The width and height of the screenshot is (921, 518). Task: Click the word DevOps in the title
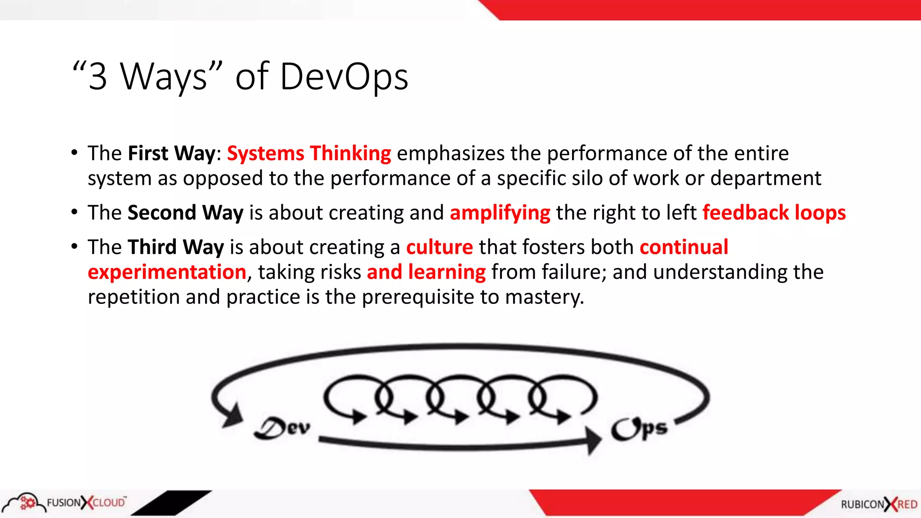pos(344,76)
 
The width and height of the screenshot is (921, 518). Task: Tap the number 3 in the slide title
pos(98,77)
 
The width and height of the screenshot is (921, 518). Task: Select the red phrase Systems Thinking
pos(309,153)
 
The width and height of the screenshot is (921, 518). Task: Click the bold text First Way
pos(172,153)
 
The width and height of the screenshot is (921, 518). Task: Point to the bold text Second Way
pos(185,213)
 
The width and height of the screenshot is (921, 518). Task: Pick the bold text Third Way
pos(176,247)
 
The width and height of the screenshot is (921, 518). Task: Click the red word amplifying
pos(500,213)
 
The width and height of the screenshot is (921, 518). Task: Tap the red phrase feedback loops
pos(774,213)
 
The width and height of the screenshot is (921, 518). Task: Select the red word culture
pos(439,247)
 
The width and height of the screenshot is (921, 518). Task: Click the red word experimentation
pos(167,272)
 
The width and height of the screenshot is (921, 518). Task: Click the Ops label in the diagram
pos(639,429)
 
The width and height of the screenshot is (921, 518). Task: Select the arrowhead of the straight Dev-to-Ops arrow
pos(593,439)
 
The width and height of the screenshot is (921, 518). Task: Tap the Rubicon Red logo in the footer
pos(879,504)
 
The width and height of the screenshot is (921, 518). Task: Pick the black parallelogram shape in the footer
pos(171,503)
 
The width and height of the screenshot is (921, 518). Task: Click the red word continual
pos(684,247)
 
